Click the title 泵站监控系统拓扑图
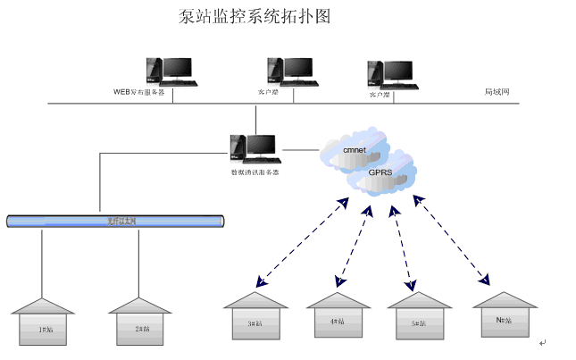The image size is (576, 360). [x=255, y=18]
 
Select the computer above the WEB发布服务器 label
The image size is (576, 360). [x=170, y=71]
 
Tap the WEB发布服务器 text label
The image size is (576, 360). [x=138, y=92]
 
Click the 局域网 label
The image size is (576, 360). [x=497, y=92]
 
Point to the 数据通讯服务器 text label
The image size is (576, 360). [x=255, y=172]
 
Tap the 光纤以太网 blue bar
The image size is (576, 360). [x=115, y=220]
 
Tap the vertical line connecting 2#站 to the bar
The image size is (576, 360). [x=138, y=263]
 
